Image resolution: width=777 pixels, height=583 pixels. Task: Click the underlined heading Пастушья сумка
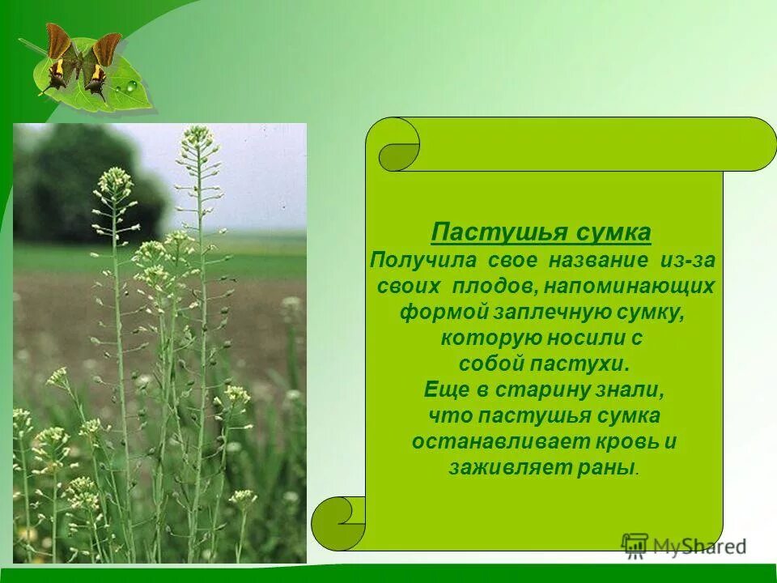[541, 232]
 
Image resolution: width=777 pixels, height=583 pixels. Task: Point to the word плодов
[499, 286]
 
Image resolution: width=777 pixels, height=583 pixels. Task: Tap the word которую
[480, 338]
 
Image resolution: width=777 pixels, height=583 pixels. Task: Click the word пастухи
[579, 364]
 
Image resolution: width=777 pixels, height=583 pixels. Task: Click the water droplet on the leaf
[130, 85]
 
